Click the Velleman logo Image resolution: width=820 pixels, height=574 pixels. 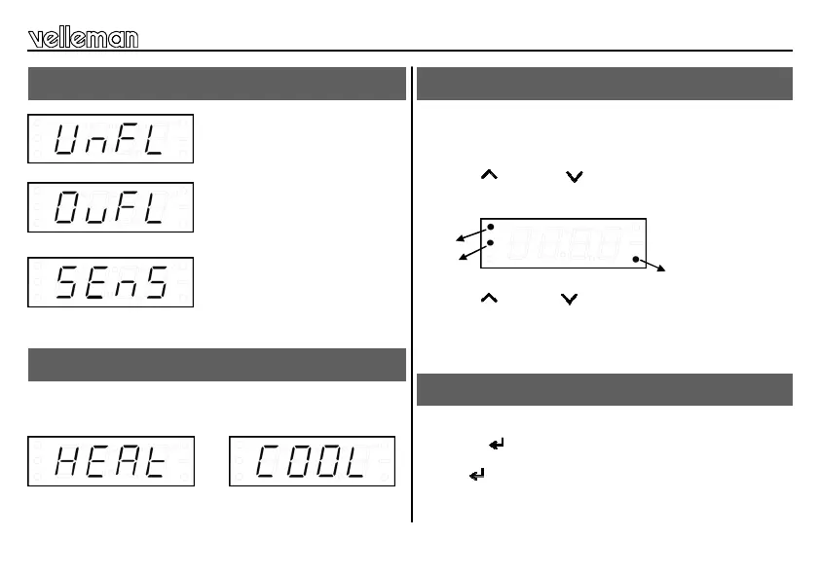(x=84, y=38)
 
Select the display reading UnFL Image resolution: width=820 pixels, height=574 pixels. (x=110, y=139)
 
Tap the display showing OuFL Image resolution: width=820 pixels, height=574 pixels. (x=110, y=207)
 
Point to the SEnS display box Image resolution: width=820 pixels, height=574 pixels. (x=110, y=282)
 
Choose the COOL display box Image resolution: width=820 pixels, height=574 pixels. (x=312, y=461)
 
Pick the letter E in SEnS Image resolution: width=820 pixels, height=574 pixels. (x=97, y=283)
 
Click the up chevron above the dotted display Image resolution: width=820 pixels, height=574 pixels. (x=489, y=175)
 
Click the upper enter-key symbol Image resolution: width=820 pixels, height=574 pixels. (x=497, y=445)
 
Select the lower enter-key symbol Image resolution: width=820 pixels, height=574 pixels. (x=477, y=475)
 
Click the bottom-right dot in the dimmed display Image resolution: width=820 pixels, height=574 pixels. (x=635, y=260)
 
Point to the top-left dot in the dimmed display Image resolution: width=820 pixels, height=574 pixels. (x=491, y=227)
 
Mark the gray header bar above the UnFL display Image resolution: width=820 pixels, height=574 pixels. (x=216, y=84)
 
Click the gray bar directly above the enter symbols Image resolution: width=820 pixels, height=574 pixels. (x=604, y=389)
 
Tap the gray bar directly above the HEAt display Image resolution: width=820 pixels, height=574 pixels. (x=216, y=365)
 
